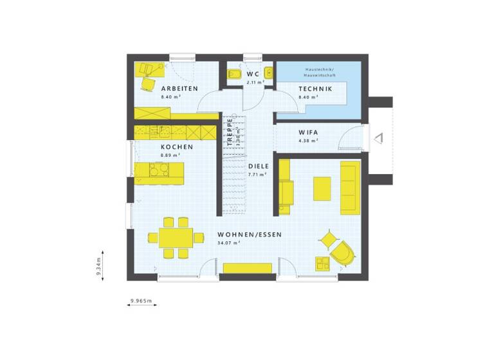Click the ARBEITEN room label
(x=179, y=89)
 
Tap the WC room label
(x=253, y=73)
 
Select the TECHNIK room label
(x=315, y=89)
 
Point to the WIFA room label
(x=308, y=132)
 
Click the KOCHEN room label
(x=177, y=147)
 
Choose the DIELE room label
(x=259, y=166)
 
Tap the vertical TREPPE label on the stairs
(x=229, y=132)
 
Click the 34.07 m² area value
(x=228, y=243)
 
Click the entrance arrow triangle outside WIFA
(x=379, y=137)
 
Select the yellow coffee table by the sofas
(x=322, y=188)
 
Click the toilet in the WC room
(x=233, y=75)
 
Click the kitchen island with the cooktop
(x=159, y=172)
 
